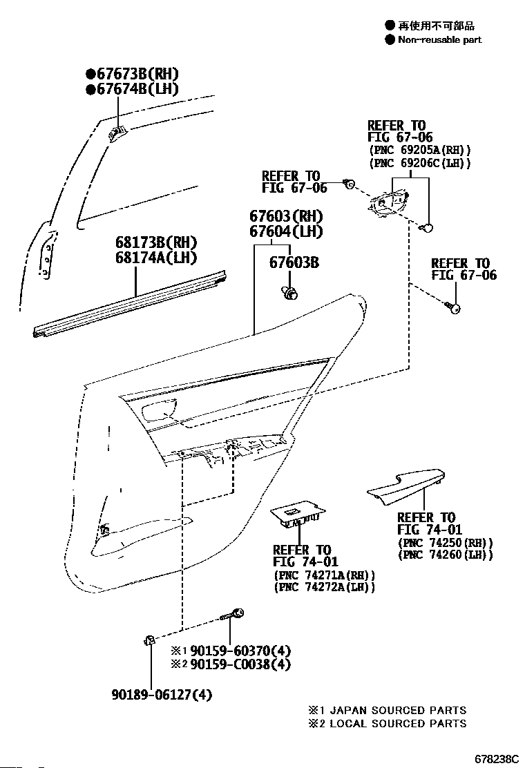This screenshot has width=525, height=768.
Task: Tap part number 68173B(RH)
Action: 157,243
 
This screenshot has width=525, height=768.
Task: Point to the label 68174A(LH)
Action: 157,258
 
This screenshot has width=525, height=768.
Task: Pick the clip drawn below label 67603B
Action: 291,294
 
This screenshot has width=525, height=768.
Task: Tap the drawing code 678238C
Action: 495,759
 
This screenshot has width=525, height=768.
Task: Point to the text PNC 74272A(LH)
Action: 325,587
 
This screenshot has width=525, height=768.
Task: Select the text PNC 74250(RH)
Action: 446,542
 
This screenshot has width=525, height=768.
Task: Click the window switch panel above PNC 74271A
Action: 298,513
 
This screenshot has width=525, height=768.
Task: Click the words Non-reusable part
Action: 439,39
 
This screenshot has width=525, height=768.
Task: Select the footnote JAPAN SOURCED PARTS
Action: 397,710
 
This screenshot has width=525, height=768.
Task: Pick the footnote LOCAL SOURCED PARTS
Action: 397,723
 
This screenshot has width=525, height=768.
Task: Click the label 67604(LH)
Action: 287,231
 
